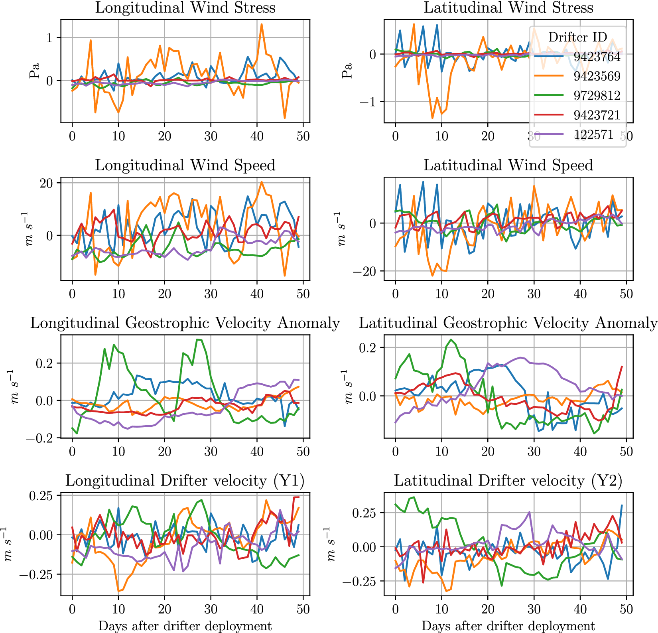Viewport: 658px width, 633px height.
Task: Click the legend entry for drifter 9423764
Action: click(x=597, y=57)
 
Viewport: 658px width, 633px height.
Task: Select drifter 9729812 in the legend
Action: click(x=597, y=96)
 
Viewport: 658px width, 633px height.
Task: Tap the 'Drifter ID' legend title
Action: click(x=577, y=37)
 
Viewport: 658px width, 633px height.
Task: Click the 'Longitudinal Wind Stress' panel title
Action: click(x=185, y=8)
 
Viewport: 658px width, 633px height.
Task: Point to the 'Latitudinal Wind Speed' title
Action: click(x=508, y=165)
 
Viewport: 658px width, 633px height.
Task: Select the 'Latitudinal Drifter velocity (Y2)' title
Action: click(x=508, y=481)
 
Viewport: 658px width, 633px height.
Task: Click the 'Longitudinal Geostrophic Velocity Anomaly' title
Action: click(x=185, y=323)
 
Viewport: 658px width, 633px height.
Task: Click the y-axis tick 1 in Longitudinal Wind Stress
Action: click(x=49, y=38)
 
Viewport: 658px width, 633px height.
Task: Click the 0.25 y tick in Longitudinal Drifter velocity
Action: click(x=41, y=496)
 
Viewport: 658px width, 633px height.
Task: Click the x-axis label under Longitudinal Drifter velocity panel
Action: click(x=185, y=626)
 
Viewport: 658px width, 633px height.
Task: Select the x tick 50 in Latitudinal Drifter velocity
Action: click(x=626, y=609)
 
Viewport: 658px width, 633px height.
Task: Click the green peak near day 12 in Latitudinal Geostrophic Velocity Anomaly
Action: click(x=451, y=340)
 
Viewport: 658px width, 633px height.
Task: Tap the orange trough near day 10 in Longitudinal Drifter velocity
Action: click(x=118, y=591)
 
